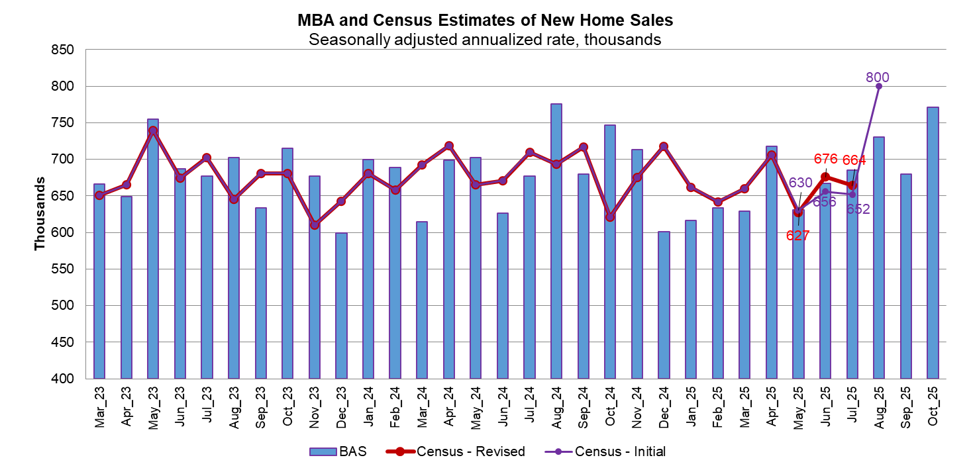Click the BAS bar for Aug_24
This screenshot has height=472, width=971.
[x=556, y=241]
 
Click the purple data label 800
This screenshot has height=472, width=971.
[x=878, y=77]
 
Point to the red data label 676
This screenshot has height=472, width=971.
[x=826, y=159]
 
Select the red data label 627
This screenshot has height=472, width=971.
[x=798, y=235]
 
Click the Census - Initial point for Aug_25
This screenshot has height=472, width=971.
[x=879, y=86]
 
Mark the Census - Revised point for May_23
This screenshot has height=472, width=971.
[x=153, y=130]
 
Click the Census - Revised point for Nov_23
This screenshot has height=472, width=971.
[x=315, y=225]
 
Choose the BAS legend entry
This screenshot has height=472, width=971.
[x=338, y=451]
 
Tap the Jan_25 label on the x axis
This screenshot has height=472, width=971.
[x=691, y=408]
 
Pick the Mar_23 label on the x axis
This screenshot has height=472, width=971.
[x=99, y=408]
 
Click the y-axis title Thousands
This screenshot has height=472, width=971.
[x=40, y=214]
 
